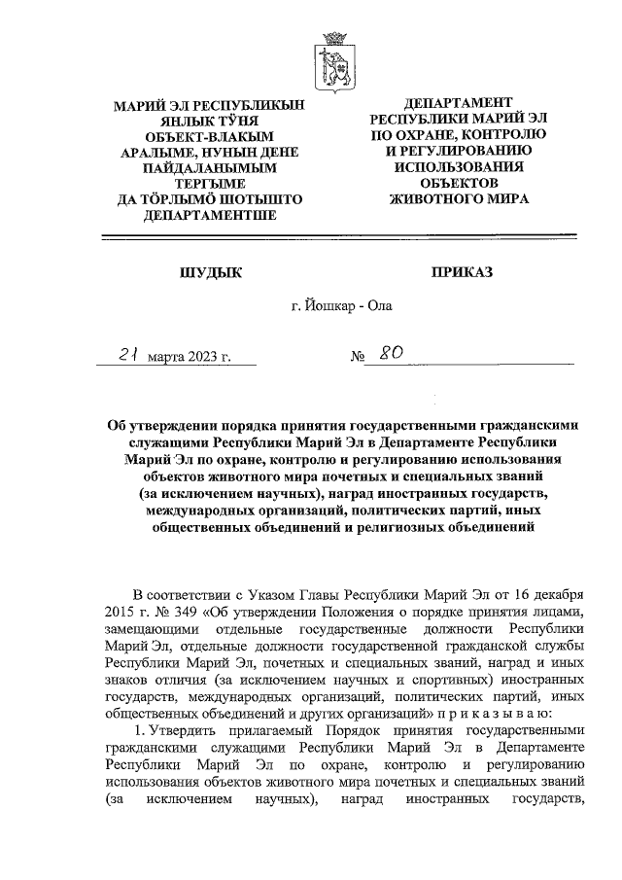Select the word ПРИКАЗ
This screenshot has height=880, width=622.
coord(462,272)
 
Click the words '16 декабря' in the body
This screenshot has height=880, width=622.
coord(550,594)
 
